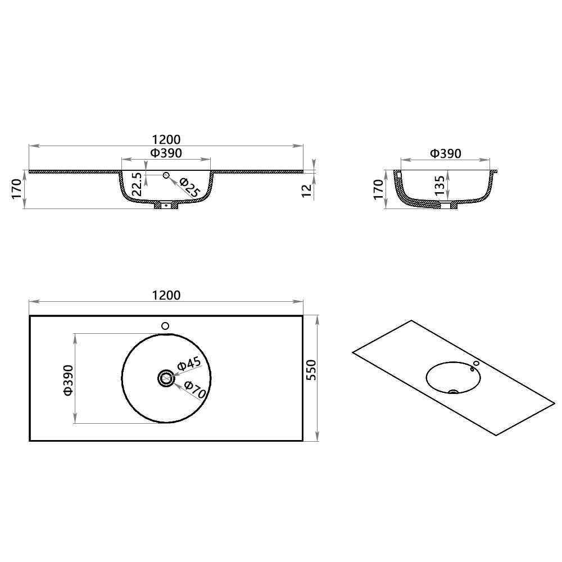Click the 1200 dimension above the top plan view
pos(166,295)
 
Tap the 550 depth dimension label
pos(311,370)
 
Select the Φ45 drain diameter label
pos(189,364)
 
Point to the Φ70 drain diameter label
pos(194,389)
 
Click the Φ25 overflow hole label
pos(189,187)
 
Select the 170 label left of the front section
pos(16,189)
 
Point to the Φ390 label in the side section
pos(445,153)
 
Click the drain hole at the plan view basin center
pos(166,379)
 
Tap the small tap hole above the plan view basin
pos(165,326)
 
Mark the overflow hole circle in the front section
pos(166,176)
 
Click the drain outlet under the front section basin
pos(166,206)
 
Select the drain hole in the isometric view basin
pos(455,391)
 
